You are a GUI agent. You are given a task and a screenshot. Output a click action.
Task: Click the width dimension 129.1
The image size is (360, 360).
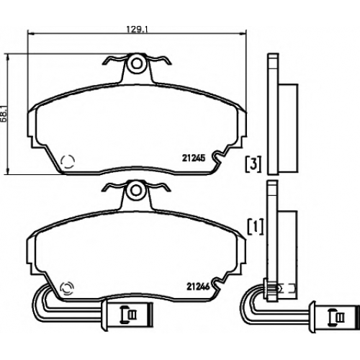[138, 30]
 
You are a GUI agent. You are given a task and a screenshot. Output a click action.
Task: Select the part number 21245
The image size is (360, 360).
[194, 158]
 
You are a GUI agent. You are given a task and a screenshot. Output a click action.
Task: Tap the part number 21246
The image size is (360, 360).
[199, 287]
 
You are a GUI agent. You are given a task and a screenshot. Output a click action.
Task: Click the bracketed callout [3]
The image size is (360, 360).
[253, 164]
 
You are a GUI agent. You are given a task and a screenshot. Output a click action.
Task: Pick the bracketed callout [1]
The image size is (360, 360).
[256, 227]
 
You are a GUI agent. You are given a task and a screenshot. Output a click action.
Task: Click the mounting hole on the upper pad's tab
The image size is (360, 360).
[137, 63]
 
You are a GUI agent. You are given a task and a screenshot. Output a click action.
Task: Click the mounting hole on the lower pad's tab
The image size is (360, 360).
[136, 190]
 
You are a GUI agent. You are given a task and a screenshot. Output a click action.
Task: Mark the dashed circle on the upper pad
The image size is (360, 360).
[68, 161]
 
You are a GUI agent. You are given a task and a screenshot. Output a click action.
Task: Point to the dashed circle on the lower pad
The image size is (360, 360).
[68, 288]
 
